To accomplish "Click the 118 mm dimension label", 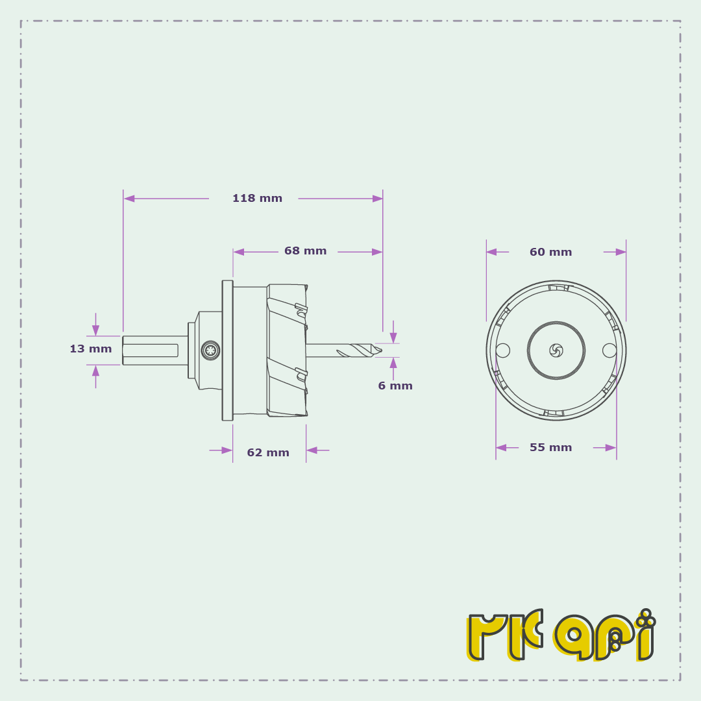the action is [x=257, y=198].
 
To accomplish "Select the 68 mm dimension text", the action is [x=305, y=251].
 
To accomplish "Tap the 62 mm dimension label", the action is [x=268, y=452].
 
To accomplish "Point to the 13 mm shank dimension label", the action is [x=91, y=349].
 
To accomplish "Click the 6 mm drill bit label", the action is [x=395, y=386].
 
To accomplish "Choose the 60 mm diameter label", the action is [x=551, y=252].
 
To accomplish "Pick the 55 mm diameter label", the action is [x=551, y=447].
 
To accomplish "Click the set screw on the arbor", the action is [x=210, y=350].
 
